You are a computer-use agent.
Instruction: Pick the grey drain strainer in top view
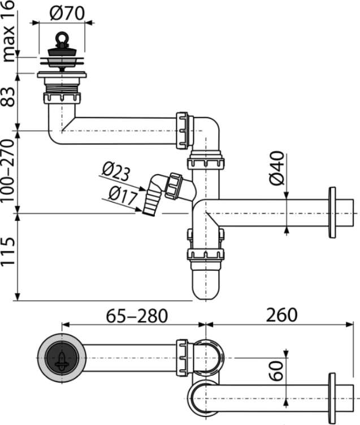coord(61,357)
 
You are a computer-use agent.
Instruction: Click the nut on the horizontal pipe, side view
coord(183,131)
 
